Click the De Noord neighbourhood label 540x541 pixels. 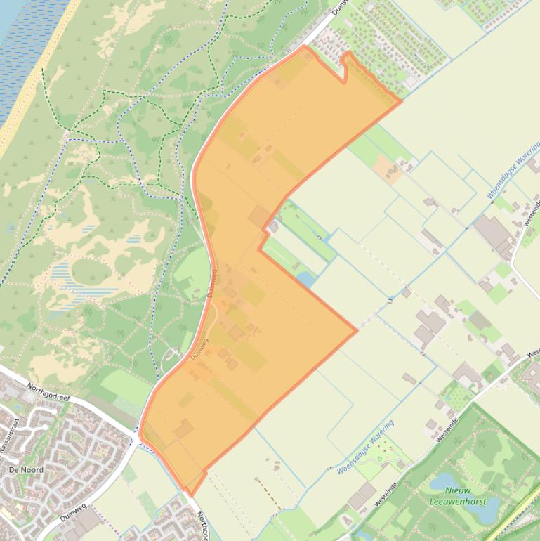pos(26,469)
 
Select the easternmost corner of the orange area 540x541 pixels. pos(401,100)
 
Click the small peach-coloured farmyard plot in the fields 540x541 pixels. pos(386,169)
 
